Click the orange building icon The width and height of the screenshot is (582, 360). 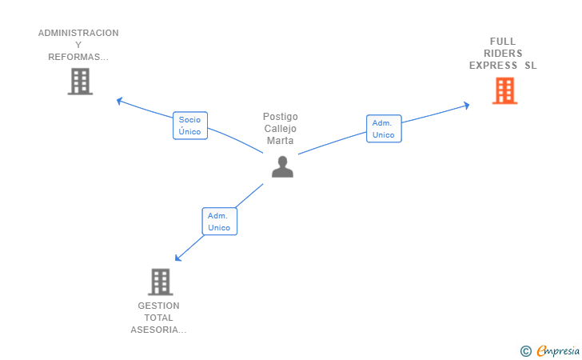point(504,90)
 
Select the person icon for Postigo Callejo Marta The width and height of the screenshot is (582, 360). point(282,167)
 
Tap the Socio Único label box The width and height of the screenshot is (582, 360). point(190,126)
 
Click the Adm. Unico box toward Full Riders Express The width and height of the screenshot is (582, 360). point(384,129)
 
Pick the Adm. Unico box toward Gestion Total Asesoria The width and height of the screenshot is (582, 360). point(219,222)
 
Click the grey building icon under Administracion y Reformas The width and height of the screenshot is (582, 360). point(80,82)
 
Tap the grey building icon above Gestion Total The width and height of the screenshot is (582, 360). point(161,282)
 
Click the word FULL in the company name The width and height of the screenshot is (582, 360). point(503,42)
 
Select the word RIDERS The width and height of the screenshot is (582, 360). point(503,53)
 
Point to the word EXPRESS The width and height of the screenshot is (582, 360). point(493,66)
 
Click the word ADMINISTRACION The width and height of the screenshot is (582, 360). point(78,33)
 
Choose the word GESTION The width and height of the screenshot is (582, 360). point(158,306)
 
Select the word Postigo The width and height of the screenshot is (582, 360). point(281,117)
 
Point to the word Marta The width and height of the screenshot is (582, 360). point(281,141)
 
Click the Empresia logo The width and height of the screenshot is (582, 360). point(558,350)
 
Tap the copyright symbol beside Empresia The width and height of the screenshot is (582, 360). point(525,351)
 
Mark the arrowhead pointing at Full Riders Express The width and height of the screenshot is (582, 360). point(467,106)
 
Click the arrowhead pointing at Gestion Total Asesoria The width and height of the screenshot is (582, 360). point(177,258)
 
